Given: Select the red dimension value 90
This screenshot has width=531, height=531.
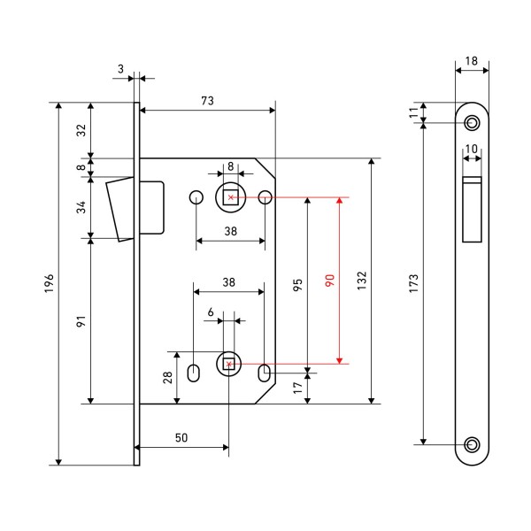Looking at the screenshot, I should click(x=329, y=281).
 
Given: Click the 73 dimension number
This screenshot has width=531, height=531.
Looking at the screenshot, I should click(x=207, y=101).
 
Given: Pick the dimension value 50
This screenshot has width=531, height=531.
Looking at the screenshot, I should click(x=181, y=438).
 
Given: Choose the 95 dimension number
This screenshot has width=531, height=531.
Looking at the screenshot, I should click(x=298, y=284).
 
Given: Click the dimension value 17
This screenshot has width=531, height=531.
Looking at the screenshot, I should click(x=298, y=386).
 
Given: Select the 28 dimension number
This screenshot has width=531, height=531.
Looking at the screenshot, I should click(x=165, y=378).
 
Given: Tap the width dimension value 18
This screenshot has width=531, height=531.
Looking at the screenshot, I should click(x=471, y=61).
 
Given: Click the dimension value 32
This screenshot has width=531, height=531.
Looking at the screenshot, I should click(x=81, y=130).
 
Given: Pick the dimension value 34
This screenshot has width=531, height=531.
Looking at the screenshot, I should click(x=81, y=208).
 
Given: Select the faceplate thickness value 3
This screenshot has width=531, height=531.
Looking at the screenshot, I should click(x=120, y=66).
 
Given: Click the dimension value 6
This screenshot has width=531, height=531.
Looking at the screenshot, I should click(x=211, y=312).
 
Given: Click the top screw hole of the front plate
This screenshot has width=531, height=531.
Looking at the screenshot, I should click(x=472, y=121).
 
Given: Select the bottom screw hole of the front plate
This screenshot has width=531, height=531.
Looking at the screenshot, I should click(x=472, y=443).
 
